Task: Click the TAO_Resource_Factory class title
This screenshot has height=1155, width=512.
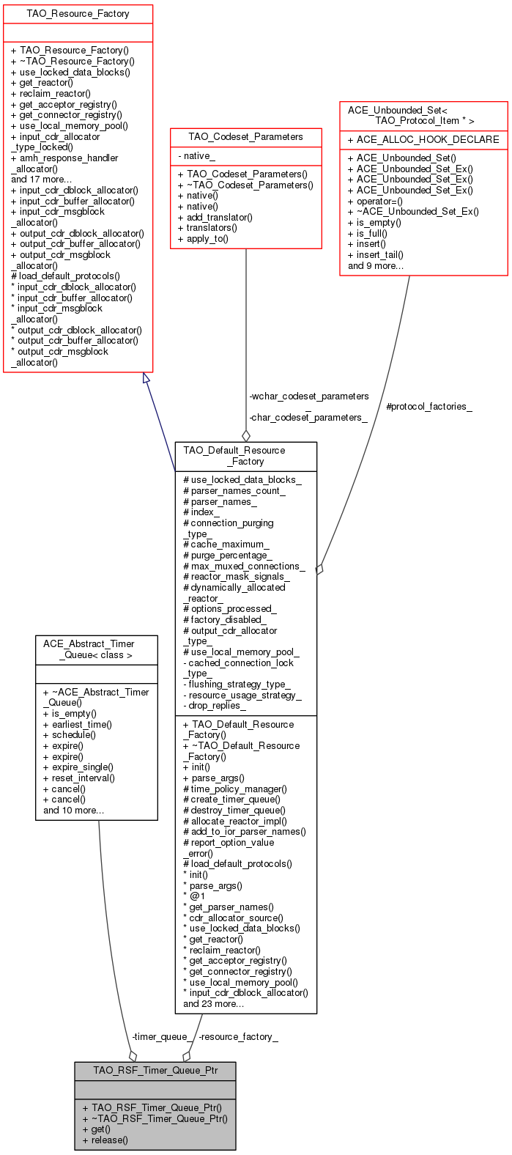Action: click(78, 14)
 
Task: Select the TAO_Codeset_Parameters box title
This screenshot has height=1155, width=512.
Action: click(245, 137)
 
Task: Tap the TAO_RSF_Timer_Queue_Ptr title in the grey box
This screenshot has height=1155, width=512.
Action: click(155, 1071)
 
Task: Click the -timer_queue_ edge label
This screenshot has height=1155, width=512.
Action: click(163, 1036)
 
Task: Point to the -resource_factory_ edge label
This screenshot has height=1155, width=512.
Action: click(238, 1036)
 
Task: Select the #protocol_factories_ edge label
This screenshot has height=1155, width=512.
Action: click(428, 406)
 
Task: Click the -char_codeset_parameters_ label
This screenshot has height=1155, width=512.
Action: click(308, 417)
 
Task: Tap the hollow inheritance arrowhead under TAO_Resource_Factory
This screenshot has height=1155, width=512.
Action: click(146, 378)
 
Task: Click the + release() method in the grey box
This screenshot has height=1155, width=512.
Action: click(105, 1140)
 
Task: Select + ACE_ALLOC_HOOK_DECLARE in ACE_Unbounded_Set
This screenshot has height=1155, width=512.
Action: click(423, 139)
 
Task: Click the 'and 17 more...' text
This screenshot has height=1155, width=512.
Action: click(42, 179)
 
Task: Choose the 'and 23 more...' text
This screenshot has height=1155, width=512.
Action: click(214, 1003)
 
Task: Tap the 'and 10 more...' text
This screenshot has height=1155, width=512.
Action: click(73, 810)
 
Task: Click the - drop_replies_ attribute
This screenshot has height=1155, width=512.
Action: click(215, 706)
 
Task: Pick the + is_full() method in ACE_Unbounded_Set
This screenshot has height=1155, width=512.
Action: click(373, 233)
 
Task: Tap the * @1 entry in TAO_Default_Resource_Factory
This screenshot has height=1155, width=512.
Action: click(194, 896)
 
